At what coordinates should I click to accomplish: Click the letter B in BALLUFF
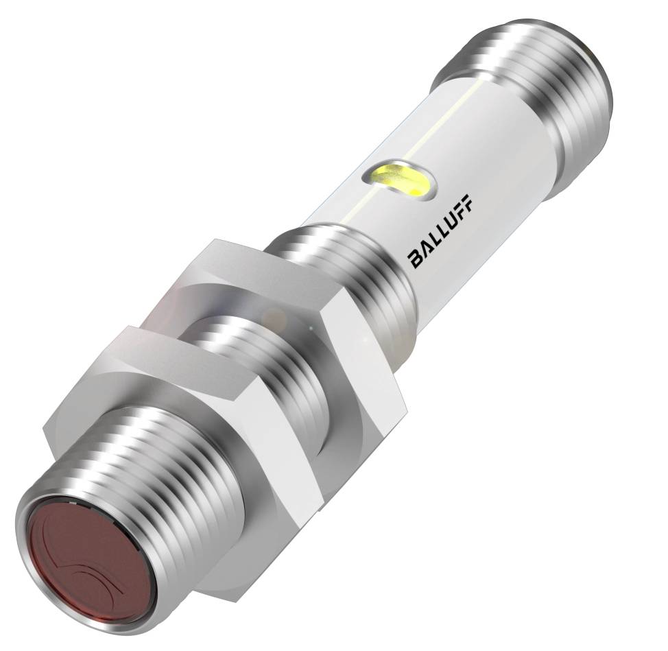point(416,259)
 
